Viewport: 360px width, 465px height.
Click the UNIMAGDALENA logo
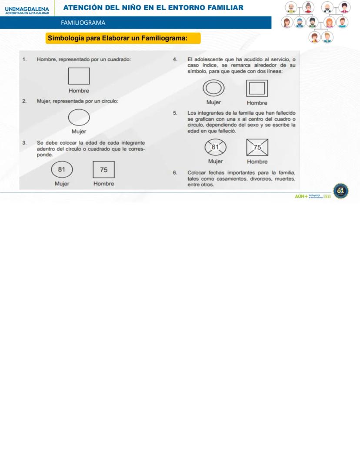tap(27, 9)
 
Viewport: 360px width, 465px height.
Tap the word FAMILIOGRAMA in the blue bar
tap(83, 23)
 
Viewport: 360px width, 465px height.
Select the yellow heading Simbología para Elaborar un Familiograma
tap(123, 38)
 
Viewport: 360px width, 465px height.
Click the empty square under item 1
tap(79, 76)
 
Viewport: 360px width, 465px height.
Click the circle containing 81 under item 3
tap(62, 170)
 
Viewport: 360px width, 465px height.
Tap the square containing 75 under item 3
tap(103, 170)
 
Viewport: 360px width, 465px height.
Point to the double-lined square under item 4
tap(257, 89)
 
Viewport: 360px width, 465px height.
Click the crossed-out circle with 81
tap(215, 147)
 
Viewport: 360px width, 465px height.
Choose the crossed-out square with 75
tap(257, 147)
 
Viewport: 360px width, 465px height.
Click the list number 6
tap(175, 172)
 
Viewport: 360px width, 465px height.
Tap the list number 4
tap(175, 59)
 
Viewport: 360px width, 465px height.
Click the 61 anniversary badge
tap(340, 191)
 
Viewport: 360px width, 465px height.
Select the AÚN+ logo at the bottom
tap(301, 196)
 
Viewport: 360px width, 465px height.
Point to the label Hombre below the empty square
tap(79, 91)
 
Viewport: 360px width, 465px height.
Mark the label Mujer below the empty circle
tap(79, 132)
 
